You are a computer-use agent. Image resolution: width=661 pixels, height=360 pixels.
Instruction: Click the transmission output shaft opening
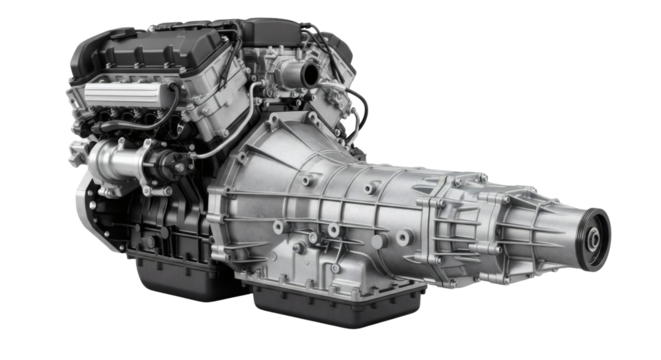593,240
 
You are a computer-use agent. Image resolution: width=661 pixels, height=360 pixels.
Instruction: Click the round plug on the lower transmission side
400,240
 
